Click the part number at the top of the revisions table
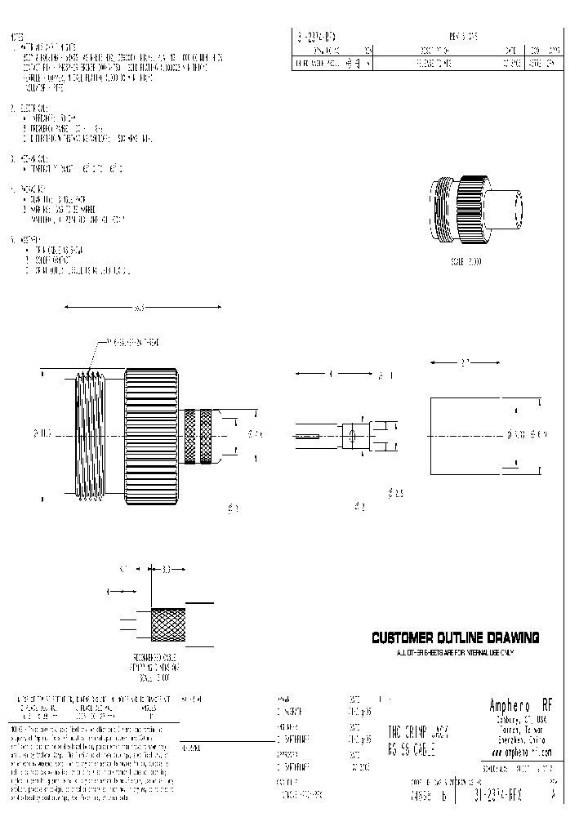(315, 38)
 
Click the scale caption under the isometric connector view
(465, 261)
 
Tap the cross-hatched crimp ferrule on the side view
(200, 436)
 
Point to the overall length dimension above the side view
(142, 308)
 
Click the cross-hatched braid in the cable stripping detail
(169, 626)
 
